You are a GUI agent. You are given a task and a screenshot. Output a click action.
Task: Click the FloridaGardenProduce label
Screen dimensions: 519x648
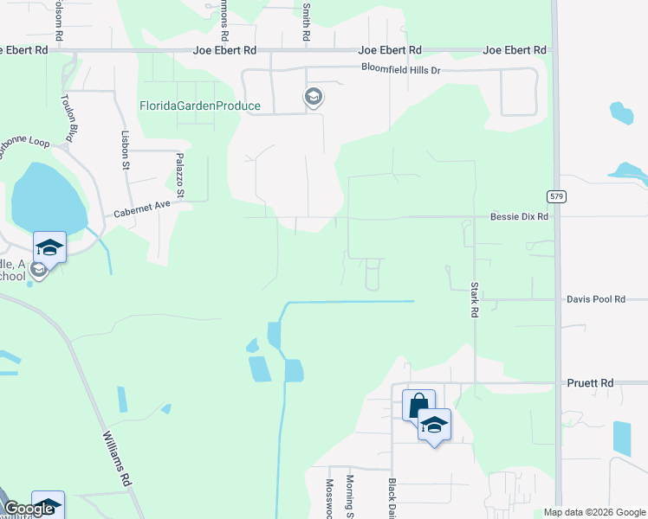[x=200, y=106]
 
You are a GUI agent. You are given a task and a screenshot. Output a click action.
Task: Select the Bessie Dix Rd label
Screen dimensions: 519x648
[x=520, y=216]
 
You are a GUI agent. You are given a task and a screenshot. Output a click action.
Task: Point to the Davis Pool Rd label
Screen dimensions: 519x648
[x=596, y=299]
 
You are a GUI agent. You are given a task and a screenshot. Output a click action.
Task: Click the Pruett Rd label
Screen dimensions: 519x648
[x=590, y=382]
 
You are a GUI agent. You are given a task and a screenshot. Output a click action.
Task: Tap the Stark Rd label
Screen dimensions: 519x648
[x=475, y=298]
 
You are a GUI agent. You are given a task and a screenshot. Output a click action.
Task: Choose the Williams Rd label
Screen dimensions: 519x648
[x=116, y=457]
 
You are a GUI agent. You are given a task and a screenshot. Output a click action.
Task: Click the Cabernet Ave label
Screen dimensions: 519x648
[x=143, y=208]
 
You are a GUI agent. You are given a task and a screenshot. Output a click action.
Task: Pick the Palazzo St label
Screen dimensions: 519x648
[x=181, y=176]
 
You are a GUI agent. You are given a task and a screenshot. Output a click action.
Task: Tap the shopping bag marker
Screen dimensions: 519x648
[x=418, y=405]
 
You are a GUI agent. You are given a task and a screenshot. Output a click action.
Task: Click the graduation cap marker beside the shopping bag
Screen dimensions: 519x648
[x=434, y=425]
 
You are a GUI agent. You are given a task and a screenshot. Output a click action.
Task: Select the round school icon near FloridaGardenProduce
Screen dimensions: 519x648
[x=313, y=97]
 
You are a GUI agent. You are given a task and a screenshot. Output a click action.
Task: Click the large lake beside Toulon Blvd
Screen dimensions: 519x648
[x=48, y=198]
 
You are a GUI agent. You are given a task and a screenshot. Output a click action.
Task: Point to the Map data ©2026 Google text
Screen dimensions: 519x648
[x=593, y=512]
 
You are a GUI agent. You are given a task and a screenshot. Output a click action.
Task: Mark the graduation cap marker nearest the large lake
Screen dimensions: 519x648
[x=49, y=247]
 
